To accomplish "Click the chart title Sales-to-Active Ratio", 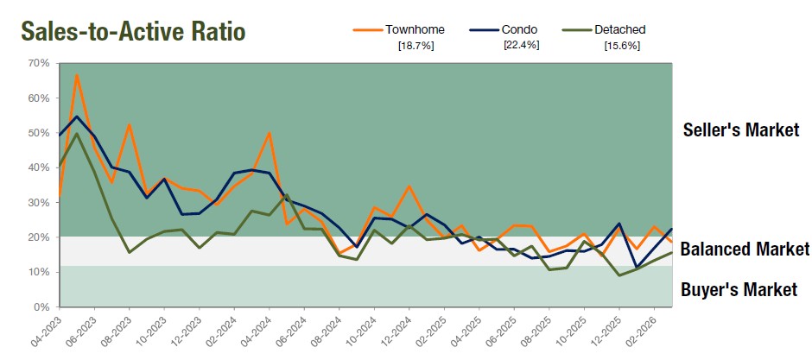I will coord(133,31).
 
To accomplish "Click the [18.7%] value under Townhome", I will coord(415,46).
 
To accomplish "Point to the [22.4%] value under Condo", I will coord(521,45).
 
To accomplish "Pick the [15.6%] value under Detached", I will coord(622,46).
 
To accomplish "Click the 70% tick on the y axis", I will coord(38,63).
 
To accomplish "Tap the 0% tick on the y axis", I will coord(41,307).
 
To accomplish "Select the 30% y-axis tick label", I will coord(38,203).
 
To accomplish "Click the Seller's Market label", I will coord(740,130).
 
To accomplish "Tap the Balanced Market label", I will coord(745,249).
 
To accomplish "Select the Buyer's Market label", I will coord(739,289).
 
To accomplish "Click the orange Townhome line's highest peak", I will coord(77,75).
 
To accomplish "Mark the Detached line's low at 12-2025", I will coord(619,275).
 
